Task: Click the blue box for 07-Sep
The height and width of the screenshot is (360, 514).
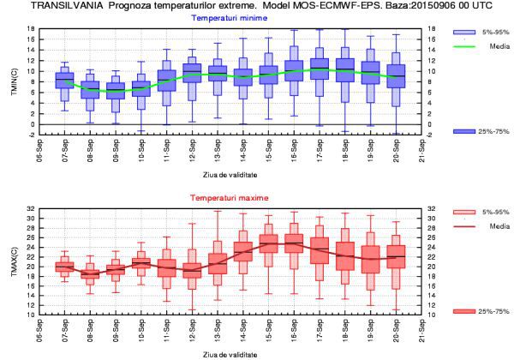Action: pyautogui.click(x=65, y=80)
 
